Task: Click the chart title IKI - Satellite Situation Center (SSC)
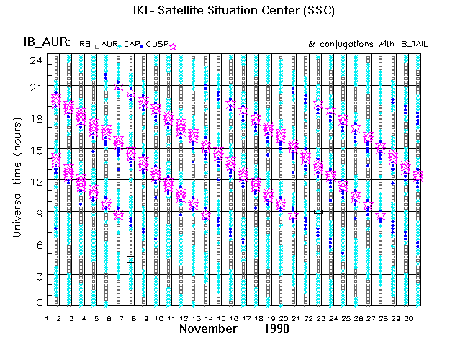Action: coord(234,12)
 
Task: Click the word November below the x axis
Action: coord(208,328)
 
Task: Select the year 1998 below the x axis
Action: coord(276,328)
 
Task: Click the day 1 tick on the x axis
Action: coord(47,318)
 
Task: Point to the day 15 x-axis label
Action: coord(219,318)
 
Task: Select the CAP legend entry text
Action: coord(131,45)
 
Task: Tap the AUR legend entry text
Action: coord(109,45)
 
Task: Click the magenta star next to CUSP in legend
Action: coord(173,46)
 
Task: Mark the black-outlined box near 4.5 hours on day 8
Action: coord(131,259)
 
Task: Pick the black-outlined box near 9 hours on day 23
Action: coord(318,212)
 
